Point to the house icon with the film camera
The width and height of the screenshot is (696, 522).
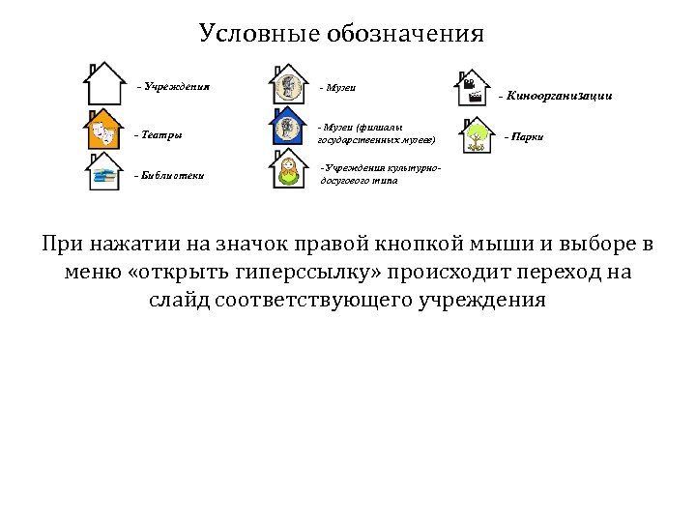473,89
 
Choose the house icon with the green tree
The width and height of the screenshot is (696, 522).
475,136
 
